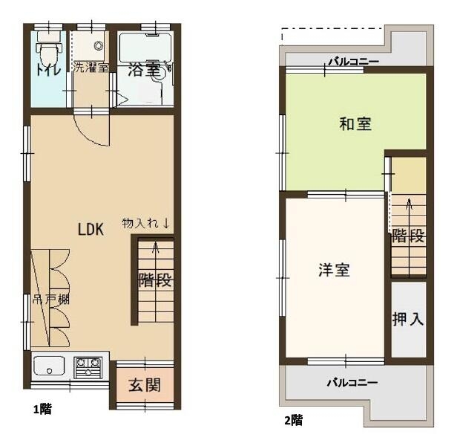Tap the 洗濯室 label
91,68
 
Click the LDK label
91,229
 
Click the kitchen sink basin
49,366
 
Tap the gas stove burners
88,367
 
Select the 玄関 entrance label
145,385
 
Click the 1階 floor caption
43,409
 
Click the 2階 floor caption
293,421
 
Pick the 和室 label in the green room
355,124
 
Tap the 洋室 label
334,270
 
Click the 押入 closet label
408,319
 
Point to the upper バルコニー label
353,62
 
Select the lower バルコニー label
352,383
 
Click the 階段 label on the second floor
408,236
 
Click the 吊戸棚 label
50,300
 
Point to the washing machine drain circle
99,45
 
